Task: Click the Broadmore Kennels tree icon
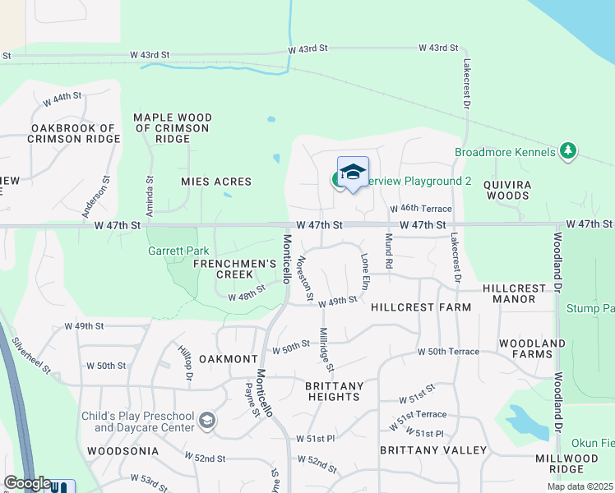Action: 567,151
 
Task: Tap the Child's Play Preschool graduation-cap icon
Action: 207,422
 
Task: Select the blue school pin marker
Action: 353,173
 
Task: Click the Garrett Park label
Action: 178,251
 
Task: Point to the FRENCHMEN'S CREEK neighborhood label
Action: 234,269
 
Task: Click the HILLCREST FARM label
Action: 421,307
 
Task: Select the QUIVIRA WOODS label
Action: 506,190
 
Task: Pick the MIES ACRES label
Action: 216,181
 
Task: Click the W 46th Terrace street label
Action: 421,210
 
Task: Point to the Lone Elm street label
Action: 365,270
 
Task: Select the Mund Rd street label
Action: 389,251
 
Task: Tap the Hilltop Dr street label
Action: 185,362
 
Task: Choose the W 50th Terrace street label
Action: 448,352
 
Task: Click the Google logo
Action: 27,483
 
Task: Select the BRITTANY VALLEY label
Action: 433,450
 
